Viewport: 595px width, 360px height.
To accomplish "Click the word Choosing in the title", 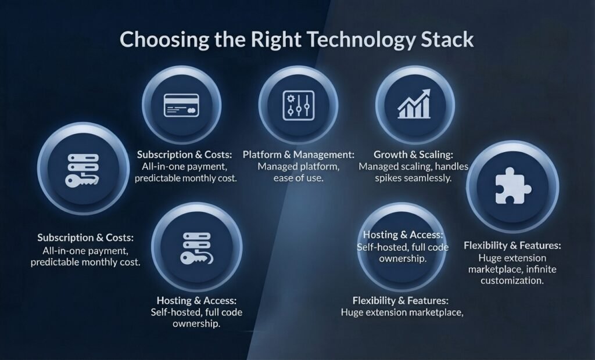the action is tap(164, 40).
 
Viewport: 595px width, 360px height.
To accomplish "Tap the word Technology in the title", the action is tap(361, 40).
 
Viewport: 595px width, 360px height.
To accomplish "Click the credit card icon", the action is tap(181, 105).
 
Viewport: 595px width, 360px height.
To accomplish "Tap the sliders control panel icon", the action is tap(298, 106).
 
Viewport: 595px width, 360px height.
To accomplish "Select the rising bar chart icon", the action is tap(414, 104).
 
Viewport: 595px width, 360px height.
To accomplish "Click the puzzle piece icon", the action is tap(512, 186).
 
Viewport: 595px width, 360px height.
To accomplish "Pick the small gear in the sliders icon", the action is tap(291, 99).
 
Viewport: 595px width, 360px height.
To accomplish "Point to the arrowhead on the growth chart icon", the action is tap(426, 93).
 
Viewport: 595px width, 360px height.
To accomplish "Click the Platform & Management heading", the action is tap(298, 155).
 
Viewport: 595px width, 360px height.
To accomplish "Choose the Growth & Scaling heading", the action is tap(413, 155).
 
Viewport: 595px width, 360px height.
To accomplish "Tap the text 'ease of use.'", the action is tap(298, 178).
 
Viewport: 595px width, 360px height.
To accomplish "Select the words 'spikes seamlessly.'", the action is tap(413, 178).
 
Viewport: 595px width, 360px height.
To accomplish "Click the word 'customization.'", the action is tap(512, 280).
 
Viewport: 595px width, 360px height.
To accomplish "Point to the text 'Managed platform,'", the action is tap(298, 167).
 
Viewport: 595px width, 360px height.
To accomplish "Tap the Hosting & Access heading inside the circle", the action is tap(403, 235).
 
